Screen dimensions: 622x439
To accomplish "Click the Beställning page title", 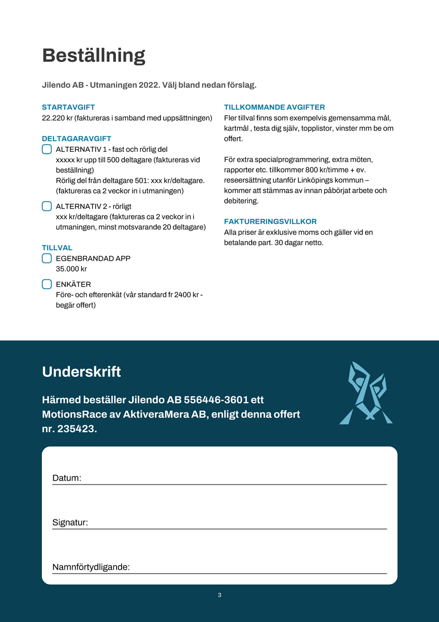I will pos(94,55).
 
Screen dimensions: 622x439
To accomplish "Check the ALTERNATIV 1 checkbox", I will pos(47,149).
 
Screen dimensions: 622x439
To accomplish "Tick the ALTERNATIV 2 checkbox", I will pos(47,206).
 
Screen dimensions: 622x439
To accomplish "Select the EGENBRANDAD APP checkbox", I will pos(47,258).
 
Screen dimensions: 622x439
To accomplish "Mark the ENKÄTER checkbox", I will pos(47,284).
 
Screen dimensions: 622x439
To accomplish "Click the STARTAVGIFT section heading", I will pos(68,107).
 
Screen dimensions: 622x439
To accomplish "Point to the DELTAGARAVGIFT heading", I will pos(77,138).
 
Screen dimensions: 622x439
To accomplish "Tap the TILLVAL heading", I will pos(57,248).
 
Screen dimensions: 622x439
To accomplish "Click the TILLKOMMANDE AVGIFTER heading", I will pos(274,107).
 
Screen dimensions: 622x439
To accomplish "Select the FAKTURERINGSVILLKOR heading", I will pos(270,221).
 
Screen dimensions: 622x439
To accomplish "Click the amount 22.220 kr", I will pos(57,118).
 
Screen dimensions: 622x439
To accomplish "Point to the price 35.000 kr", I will pos(71,269).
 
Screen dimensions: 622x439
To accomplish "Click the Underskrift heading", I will pos(81,372).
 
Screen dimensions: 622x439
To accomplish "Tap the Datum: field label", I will pos(67,478).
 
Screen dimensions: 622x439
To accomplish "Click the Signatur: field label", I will pos(70,522).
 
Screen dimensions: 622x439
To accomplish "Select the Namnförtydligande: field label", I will pos(91,567).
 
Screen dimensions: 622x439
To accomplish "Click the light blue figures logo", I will pos(366,392).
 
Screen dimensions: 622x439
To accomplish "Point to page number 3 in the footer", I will pos(220,595).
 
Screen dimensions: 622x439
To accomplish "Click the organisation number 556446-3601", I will pos(217,400).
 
